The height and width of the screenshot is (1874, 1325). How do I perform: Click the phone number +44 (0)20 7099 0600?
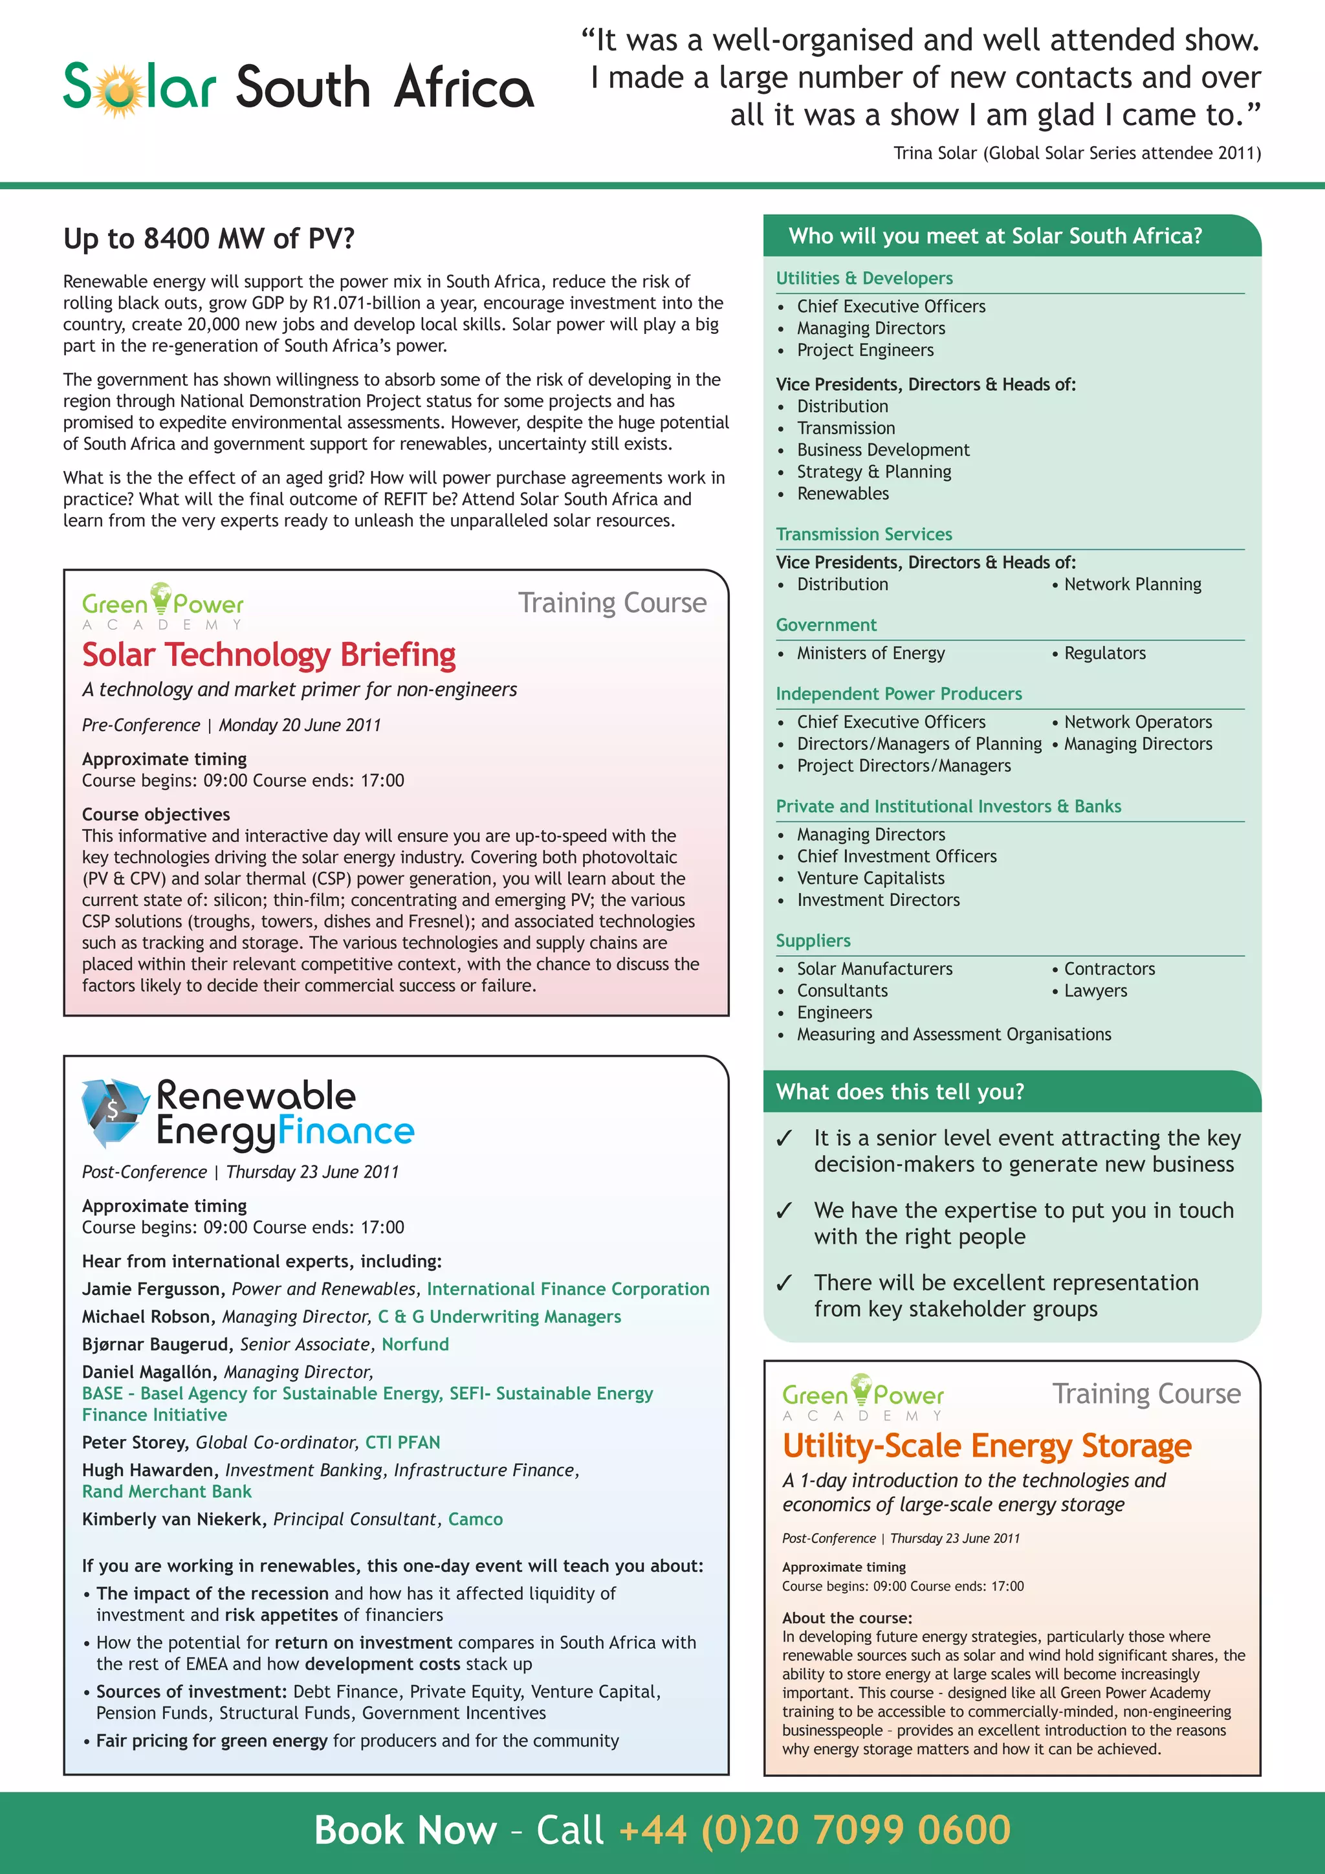(815, 1829)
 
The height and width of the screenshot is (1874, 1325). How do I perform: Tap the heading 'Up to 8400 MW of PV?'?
(209, 238)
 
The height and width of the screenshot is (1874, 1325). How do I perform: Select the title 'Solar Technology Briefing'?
(268, 655)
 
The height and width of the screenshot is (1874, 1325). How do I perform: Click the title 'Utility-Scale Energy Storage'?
(987, 1446)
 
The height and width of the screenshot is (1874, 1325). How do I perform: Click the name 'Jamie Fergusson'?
(152, 1289)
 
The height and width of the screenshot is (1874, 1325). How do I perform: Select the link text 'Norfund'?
(415, 1344)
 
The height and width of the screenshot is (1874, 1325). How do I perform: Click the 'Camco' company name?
(475, 1519)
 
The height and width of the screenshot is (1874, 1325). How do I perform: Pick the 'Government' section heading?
(826, 625)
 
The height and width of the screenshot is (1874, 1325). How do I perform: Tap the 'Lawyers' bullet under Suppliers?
(1095, 991)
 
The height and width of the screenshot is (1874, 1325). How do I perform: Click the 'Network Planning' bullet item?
(1132, 584)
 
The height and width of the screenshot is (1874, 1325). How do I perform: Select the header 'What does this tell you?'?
(899, 1092)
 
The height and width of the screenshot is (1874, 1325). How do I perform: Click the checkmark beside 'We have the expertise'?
(784, 1211)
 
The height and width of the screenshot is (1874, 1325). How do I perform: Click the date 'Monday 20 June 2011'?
(300, 725)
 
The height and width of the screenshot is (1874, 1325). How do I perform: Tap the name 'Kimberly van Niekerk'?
(174, 1519)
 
